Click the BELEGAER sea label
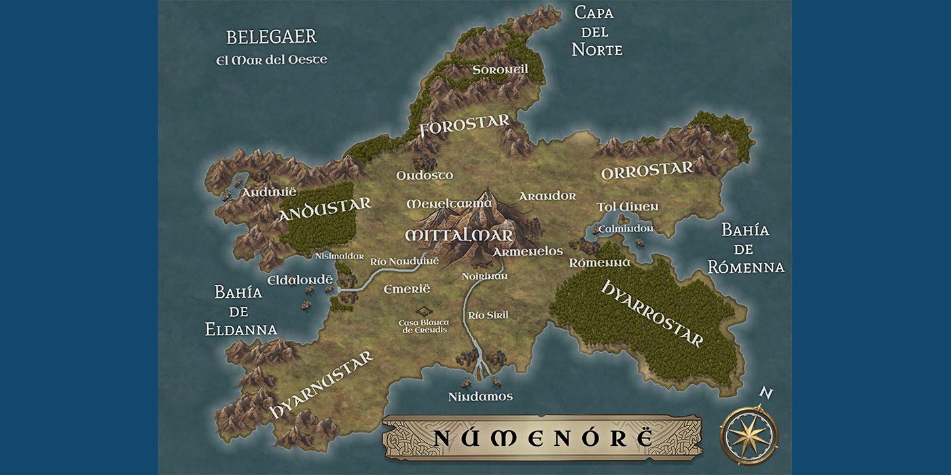point(272,37)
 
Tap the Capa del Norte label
point(597,31)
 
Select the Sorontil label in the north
point(500,70)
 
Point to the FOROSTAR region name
point(465,126)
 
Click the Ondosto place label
point(425,175)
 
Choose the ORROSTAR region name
point(647,170)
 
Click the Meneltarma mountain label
point(449,204)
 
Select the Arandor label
point(547,196)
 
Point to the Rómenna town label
point(599,262)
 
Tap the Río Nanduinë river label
point(404,261)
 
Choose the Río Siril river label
point(488,315)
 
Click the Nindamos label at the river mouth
point(480,396)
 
